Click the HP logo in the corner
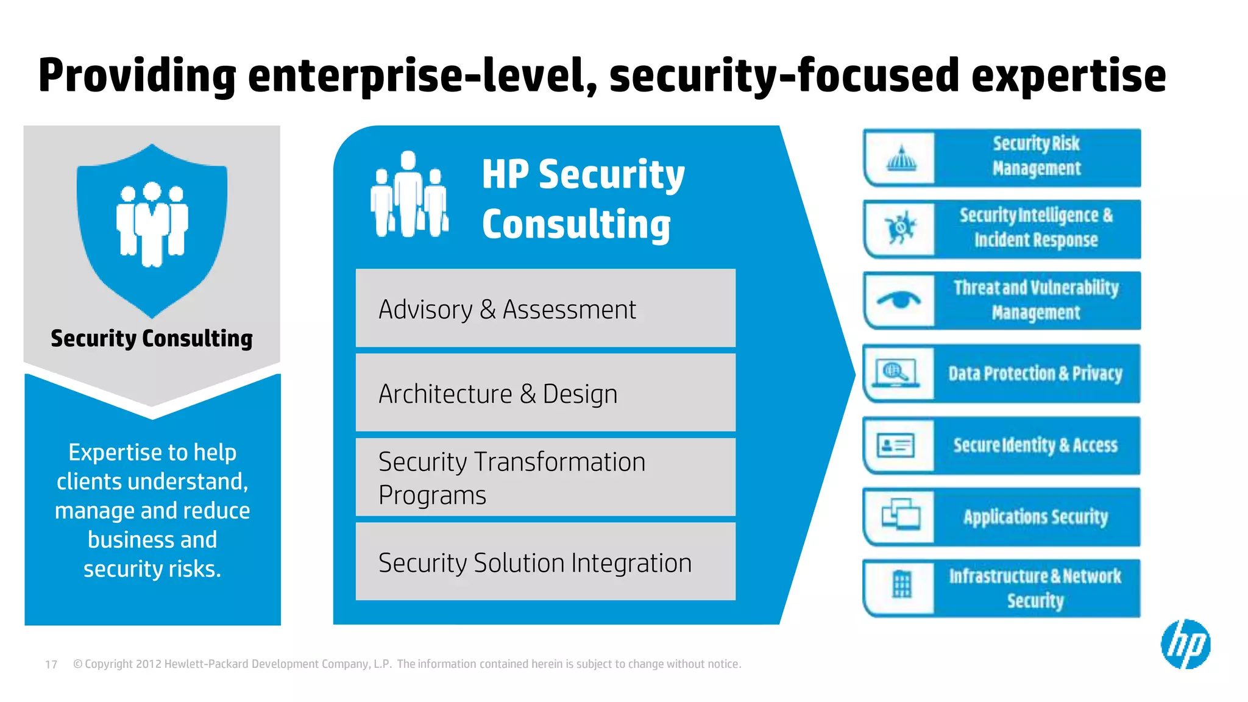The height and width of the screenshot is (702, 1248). point(1185,644)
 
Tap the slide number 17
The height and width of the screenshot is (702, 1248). point(51,664)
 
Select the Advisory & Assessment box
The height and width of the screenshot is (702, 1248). point(545,309)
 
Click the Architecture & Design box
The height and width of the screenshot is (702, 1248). point(545,393)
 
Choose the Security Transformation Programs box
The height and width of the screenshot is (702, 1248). point(545,478)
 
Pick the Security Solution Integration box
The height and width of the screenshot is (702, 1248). point(545,562)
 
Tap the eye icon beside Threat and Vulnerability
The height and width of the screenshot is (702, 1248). point(899,300)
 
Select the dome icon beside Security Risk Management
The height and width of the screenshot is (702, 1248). point(901,159)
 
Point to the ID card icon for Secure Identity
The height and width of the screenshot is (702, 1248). point(895,445)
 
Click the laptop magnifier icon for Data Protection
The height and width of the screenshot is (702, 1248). point(895,373)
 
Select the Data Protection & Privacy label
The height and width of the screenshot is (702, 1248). point(1035,374)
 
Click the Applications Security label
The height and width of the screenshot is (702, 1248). point(1035,517)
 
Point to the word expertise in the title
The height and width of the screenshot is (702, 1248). point(1068,76)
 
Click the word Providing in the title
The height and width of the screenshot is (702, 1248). point(137,76)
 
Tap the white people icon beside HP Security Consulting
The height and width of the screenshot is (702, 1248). point(409,195)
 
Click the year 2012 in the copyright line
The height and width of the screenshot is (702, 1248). point(149,664)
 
